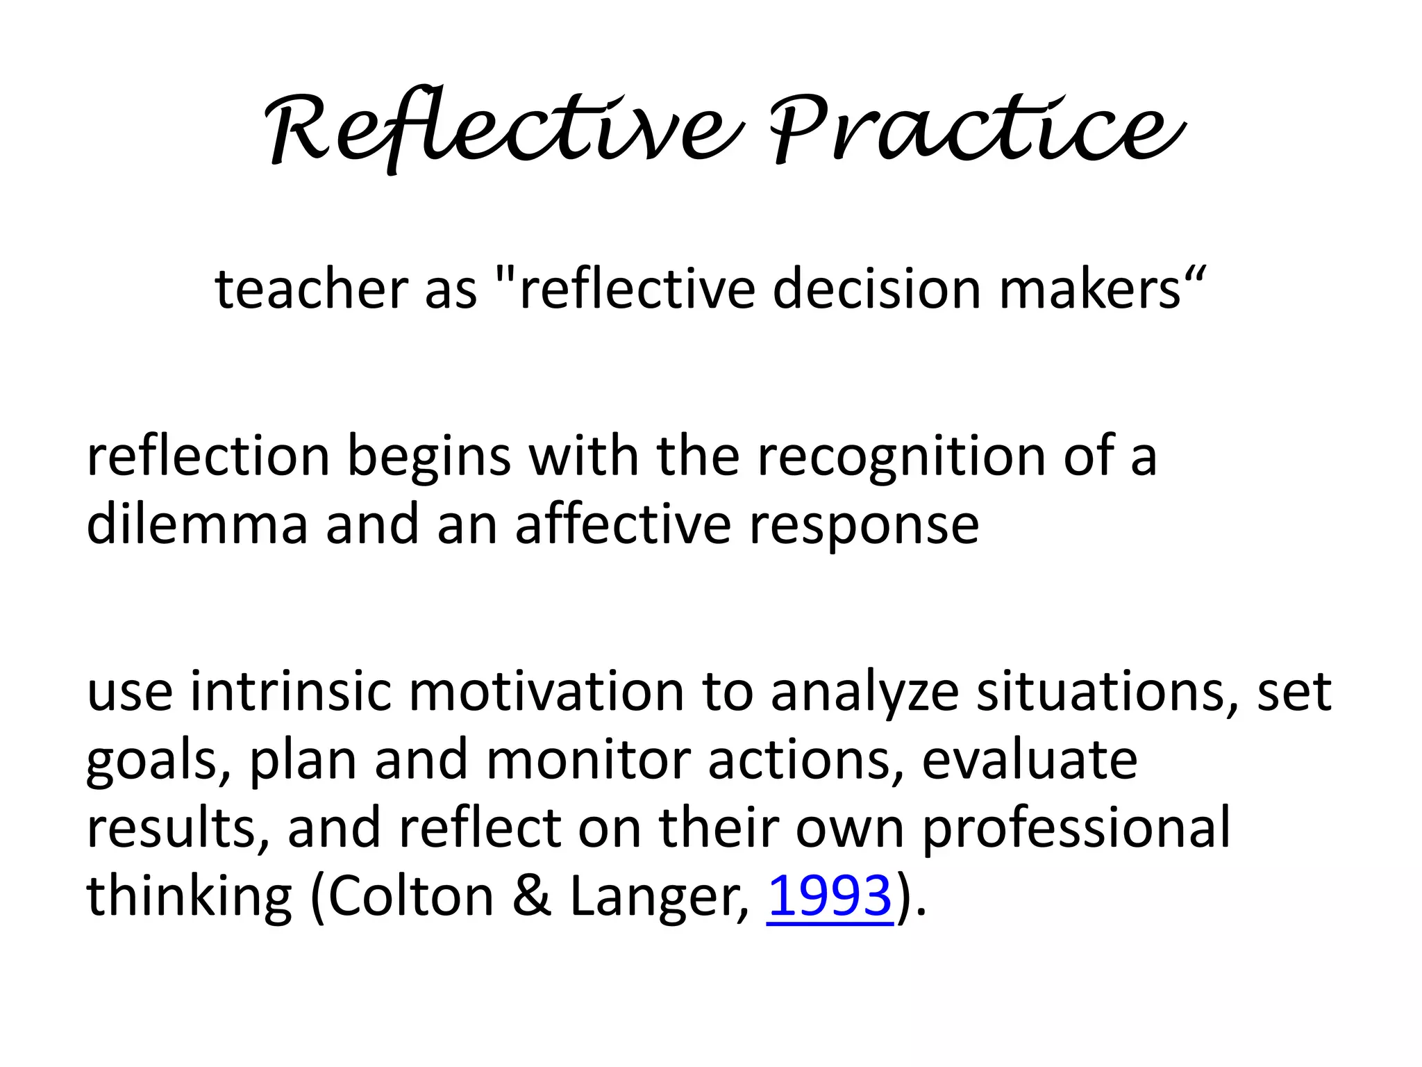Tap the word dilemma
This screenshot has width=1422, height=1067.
point(197,525)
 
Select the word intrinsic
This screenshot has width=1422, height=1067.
point(291,692)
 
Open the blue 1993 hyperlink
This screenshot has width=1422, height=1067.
point(829,896)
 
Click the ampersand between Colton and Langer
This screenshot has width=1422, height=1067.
point(531,896)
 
